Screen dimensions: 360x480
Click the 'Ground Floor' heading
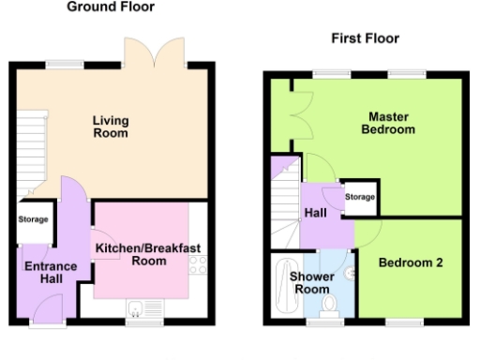111,7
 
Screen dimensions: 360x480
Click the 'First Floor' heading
365,38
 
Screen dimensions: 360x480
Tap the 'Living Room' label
111,127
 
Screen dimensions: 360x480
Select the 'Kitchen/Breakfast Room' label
146,254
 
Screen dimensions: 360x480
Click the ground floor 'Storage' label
34,220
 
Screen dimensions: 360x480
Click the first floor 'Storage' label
360,198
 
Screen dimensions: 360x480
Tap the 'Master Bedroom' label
387,123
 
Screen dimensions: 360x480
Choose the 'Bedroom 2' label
409,263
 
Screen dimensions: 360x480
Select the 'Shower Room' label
311,283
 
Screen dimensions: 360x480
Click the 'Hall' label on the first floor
315,214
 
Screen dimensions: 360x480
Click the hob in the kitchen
198,264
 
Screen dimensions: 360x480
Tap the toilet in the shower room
329,306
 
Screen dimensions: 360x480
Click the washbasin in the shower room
350,273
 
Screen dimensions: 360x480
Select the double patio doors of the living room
154,52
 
